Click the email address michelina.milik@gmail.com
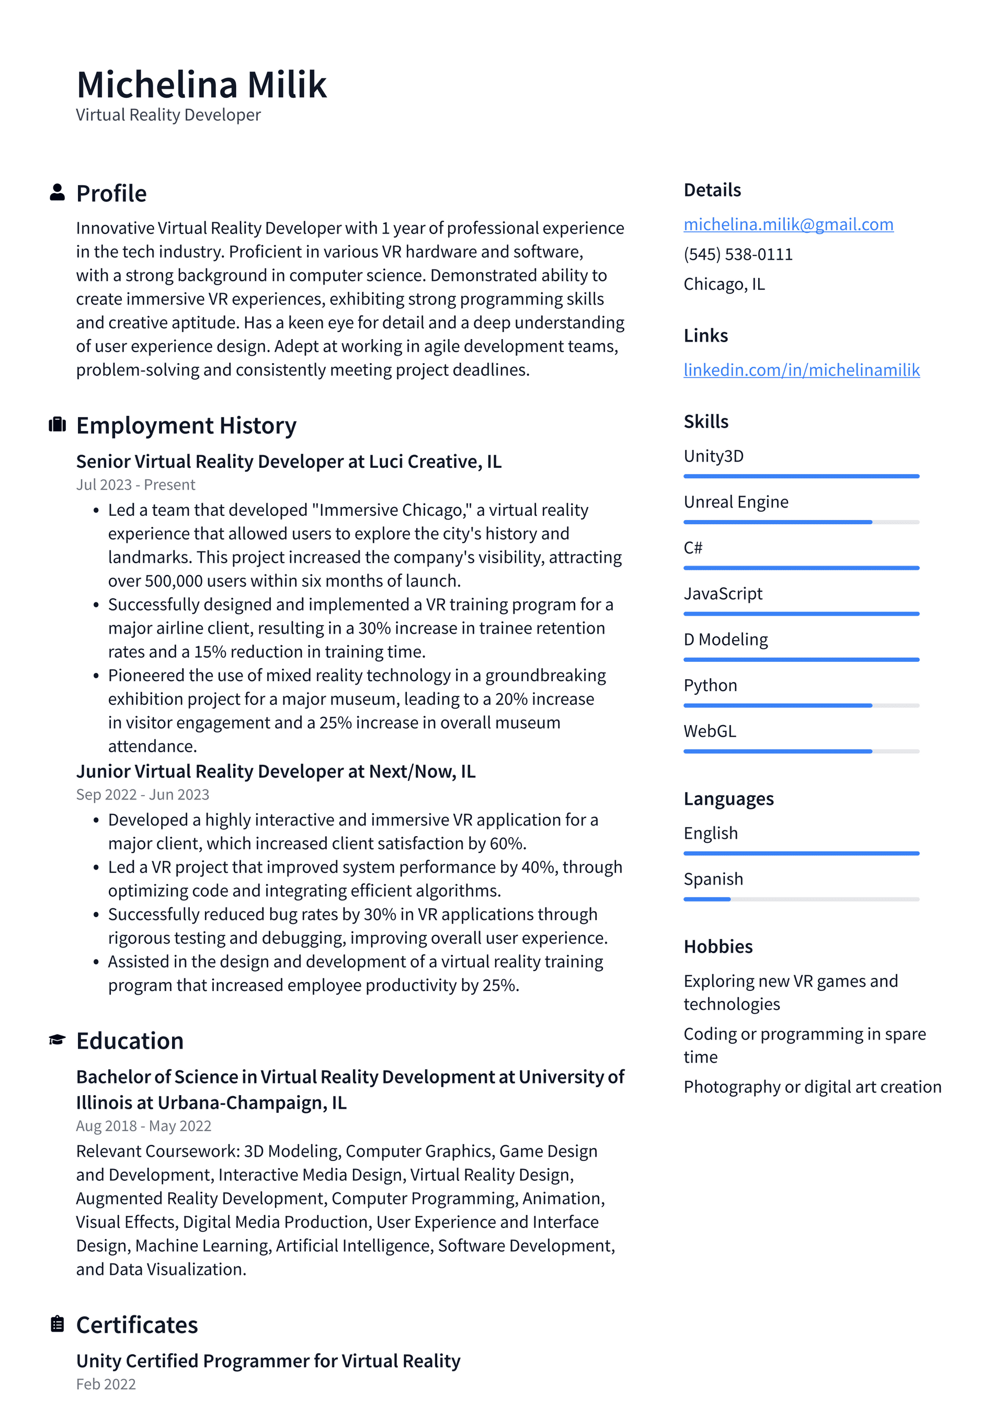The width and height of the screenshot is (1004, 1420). tap(788, 224)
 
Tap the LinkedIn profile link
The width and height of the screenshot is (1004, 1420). tap(801, 370)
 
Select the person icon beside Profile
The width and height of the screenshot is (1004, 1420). tap(57, 193)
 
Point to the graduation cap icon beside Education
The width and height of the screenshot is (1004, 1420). tap(57, 1040)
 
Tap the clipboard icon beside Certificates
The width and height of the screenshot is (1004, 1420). tap(57, 1324)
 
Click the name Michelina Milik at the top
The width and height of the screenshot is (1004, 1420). tap(201, 84)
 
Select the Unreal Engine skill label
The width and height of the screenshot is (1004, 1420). tap(736, 502)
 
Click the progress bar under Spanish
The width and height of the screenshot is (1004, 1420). tap(801, 899)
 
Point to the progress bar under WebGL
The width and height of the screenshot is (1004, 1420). tap(801, 751)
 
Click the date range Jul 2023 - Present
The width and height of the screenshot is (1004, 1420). tap(135, 485)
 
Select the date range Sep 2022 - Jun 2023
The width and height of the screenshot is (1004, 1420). tap(142, 795)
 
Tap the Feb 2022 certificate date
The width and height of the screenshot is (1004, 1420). tap(106, 1384)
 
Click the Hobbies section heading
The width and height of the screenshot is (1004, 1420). tap(718, 946)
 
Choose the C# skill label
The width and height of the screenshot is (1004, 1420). tap(692, 547)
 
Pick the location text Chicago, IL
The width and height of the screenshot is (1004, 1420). tap(724, 284)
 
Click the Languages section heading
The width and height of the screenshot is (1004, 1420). tap(728, 798)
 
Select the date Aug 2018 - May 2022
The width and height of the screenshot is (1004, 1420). tap(143, 1125)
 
